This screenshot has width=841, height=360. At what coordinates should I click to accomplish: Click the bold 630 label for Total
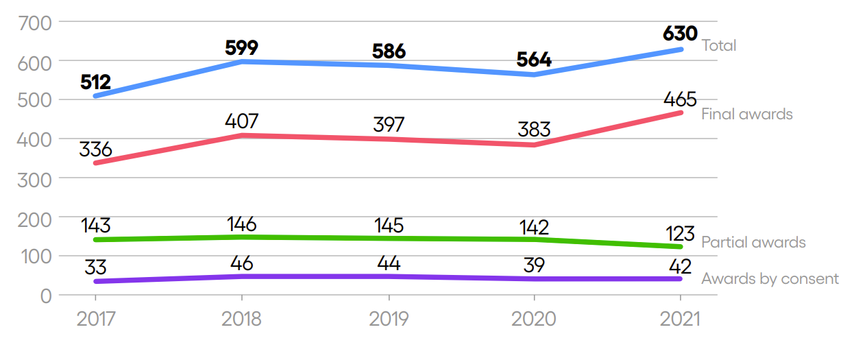point(680,34)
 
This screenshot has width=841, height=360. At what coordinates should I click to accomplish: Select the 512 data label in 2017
point(95,82)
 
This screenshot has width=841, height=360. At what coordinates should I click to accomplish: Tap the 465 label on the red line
point(680,99)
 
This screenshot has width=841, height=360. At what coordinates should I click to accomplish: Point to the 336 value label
point(95,149)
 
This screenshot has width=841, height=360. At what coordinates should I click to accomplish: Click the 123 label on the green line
point(680,233)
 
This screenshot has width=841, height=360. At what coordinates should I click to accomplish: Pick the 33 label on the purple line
point(95,267)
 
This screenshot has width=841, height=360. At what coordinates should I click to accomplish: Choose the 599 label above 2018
point(241,48)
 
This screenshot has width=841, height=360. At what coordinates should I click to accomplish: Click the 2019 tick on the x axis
point(389,319)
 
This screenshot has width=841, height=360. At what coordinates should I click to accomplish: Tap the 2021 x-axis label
point(680,319)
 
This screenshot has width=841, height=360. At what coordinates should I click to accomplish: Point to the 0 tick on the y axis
point(45,296)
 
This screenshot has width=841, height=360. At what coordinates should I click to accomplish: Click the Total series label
point(718,46)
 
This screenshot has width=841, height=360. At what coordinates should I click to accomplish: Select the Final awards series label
point(746,114)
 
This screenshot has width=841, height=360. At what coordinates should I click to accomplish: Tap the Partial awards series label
point(753,243)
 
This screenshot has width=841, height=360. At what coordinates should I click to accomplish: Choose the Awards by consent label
point(770,279)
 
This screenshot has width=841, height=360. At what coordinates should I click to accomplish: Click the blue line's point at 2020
point(534,74)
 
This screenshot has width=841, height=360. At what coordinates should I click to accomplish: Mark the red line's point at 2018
point(241,136)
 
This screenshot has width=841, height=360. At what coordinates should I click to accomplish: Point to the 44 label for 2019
point(389,263)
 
